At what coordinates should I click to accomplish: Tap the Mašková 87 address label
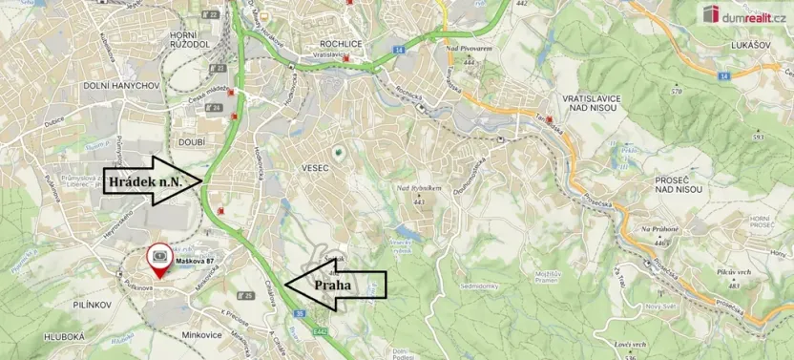click(x=194, y=250)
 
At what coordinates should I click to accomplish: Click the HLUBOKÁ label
click(x=62, y=336)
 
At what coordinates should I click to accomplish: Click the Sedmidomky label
click(x=479, y=286)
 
